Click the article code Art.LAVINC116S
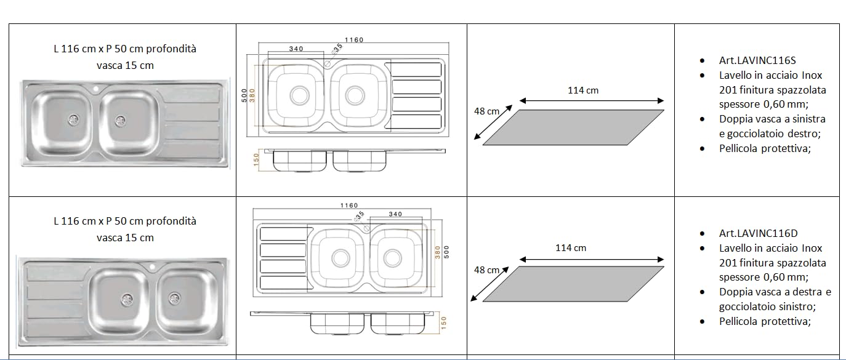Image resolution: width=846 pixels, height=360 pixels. [x=757, y=60]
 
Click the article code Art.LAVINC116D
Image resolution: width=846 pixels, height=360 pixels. [x=759, y=233]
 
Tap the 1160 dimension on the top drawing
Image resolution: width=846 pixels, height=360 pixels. [x=354, y=39]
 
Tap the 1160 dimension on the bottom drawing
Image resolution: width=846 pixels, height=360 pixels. [x=349, y=206]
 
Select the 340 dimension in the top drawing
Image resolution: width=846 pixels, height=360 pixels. [x=296, y=49]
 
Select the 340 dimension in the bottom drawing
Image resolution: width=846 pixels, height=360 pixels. [x=395, y=214]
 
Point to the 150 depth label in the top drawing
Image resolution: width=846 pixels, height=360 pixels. [x=256, y=159]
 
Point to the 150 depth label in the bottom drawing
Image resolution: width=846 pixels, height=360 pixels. [x=443, y=322]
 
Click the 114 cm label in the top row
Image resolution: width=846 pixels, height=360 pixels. [x=583, y=90]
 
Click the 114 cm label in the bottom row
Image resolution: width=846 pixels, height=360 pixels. [x=571, y=248]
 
